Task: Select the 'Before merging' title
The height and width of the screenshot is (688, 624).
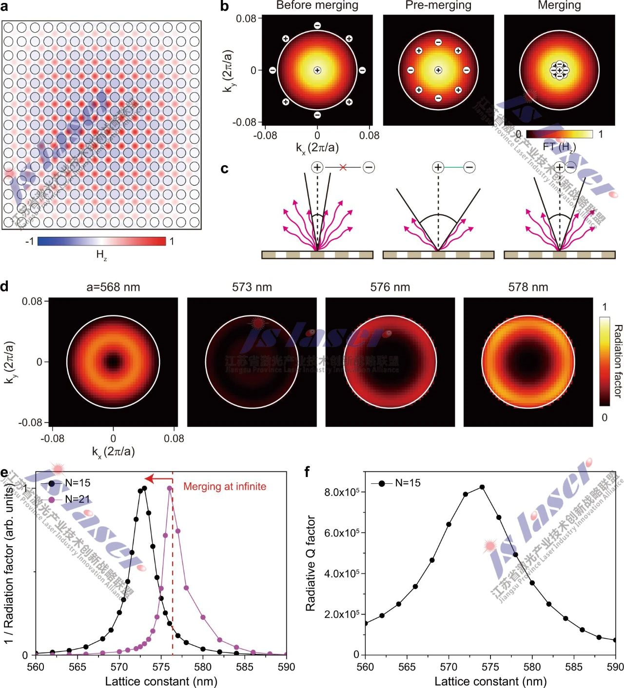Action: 317,5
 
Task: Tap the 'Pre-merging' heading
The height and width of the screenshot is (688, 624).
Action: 438,5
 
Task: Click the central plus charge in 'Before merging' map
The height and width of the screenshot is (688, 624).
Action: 317,70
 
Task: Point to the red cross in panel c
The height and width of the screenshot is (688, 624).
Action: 343,167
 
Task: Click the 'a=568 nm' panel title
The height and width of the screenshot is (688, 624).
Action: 113,287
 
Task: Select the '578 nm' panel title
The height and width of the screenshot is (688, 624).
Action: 528,287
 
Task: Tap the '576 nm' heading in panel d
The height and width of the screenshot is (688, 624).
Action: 390,287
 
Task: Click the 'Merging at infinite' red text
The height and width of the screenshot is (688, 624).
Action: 225,486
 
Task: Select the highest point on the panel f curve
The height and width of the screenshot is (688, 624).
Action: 482,487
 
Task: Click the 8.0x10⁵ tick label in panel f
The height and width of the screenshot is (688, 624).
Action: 341,492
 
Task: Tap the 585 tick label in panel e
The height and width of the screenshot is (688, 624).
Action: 244,667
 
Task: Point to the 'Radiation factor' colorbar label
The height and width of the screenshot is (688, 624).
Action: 618,361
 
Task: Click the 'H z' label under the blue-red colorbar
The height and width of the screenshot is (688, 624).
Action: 101,254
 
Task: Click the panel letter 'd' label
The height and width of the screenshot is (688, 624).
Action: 4,286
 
